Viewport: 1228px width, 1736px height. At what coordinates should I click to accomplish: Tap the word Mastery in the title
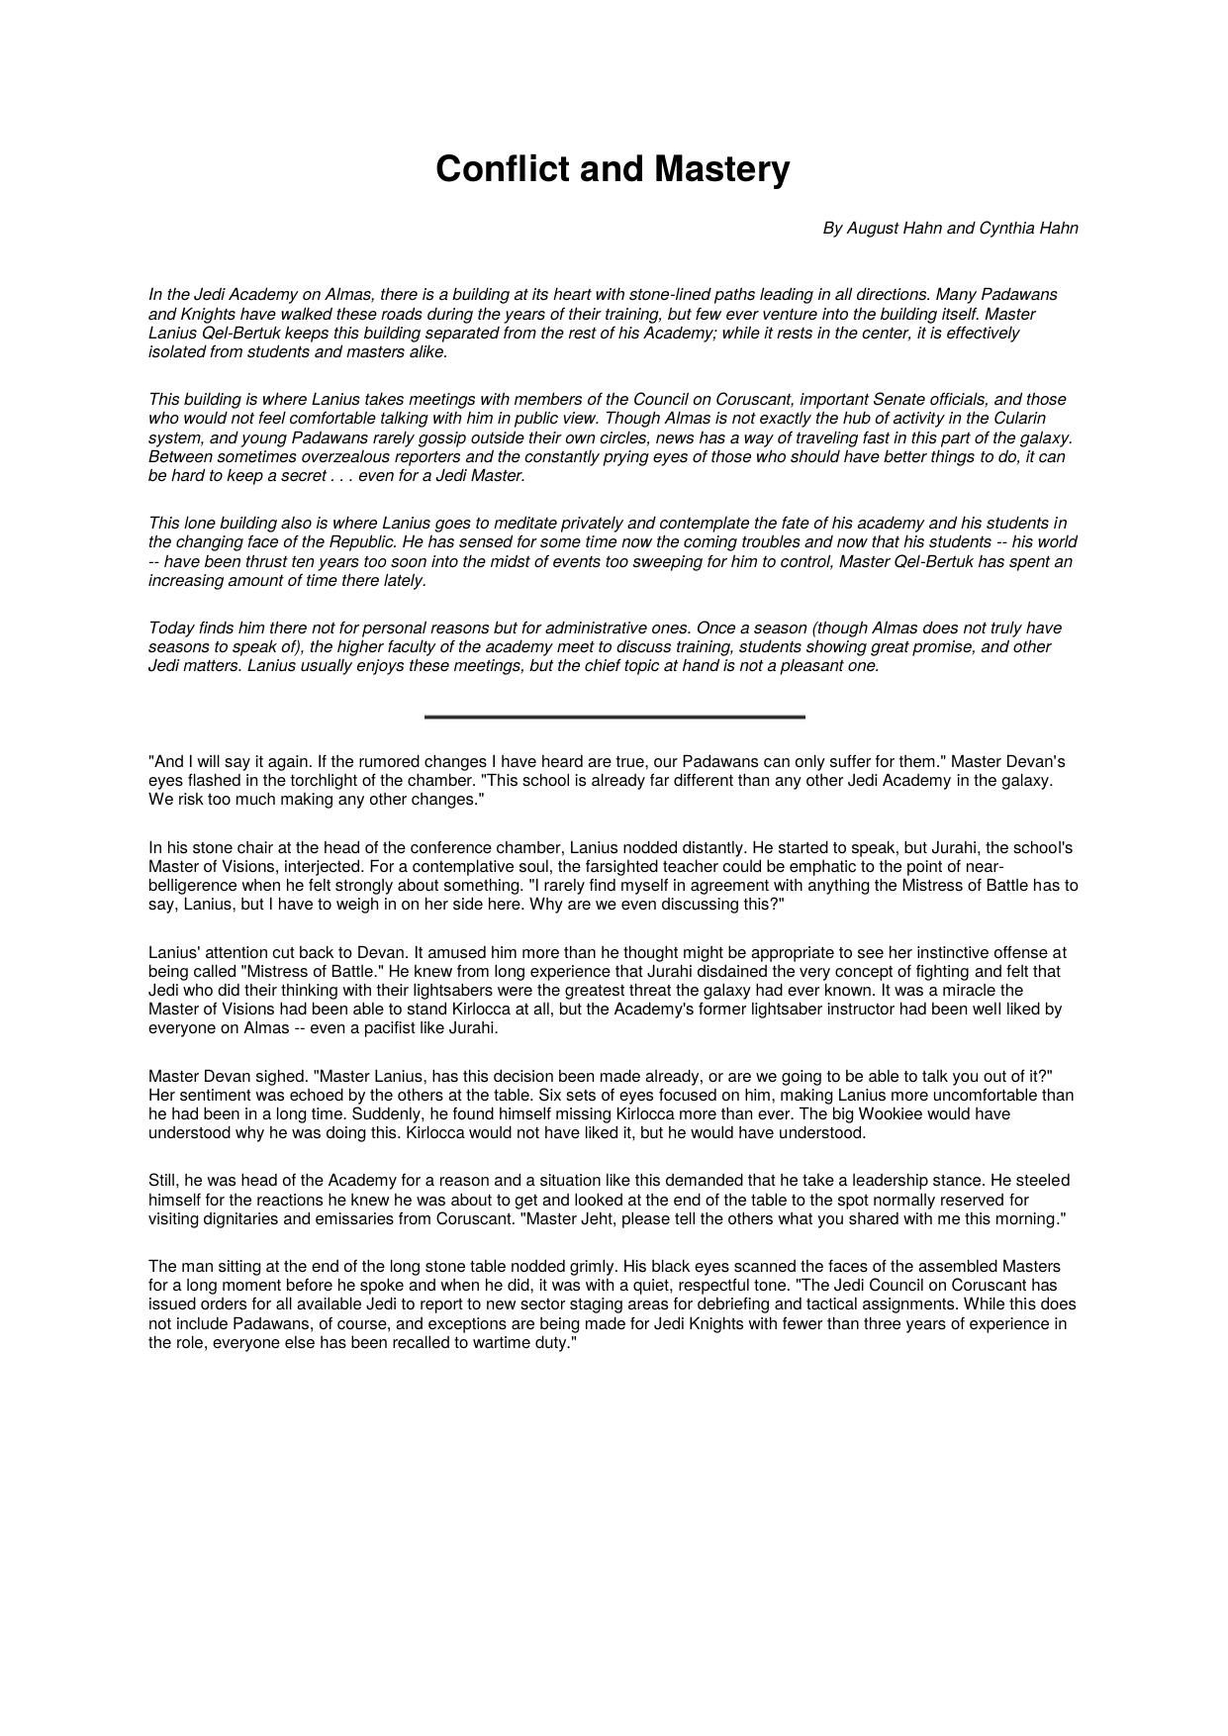pyautogui.click(x=720, y=169)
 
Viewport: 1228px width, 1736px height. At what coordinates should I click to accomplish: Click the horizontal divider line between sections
pyautogui.click(x=614, y=717)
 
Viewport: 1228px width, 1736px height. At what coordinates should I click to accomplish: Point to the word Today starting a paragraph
pyautogui.click(x=170, y=628)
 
